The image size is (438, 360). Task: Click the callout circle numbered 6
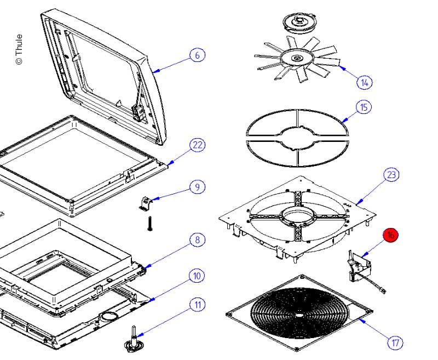tap(198, 55)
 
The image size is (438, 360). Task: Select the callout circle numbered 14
tap(364, 83)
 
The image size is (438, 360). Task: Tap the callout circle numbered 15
tap(364, 106)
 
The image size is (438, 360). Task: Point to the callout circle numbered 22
tap(197, 145)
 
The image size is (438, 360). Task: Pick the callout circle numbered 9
tap(198, 187)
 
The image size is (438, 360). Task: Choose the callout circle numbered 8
tap(197, 239)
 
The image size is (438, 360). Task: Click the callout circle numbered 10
tap(197, 276)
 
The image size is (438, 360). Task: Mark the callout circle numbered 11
tap(198, 305)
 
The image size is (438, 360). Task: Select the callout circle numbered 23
tap(391, 175)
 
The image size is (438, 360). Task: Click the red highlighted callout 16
tap(390, 235)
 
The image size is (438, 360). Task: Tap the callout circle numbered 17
tap(395, 343)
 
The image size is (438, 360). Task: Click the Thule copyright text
tap(19, 49)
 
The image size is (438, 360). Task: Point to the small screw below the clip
tap(148, 224)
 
